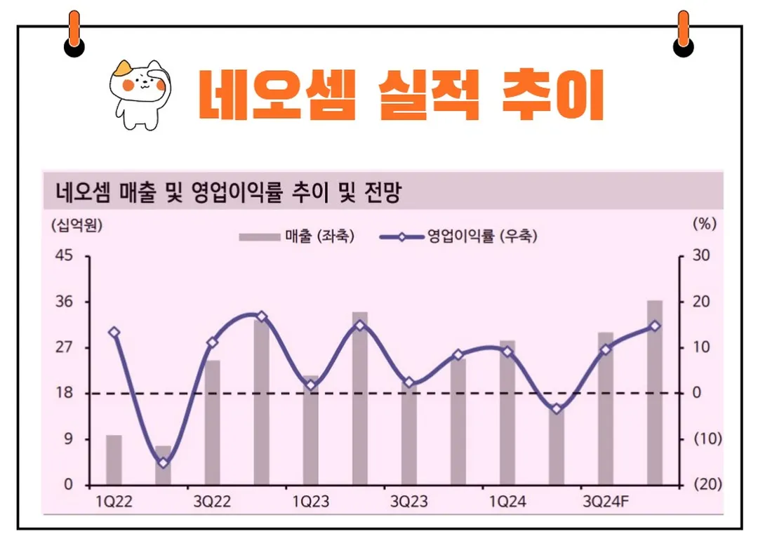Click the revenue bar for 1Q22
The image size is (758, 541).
tap(114, 460)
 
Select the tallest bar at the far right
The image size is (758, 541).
tap(654, 393)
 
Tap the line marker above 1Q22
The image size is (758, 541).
tap(114, 333)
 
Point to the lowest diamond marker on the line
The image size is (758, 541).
tap(163, 462)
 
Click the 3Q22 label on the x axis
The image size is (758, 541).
tap(212, 502)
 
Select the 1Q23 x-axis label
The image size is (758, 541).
tap(310, 502)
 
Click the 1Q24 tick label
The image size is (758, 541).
tap(507, 502)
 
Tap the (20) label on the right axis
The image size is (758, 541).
tap(707, 485)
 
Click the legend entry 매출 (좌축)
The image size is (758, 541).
tap(296, 236)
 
